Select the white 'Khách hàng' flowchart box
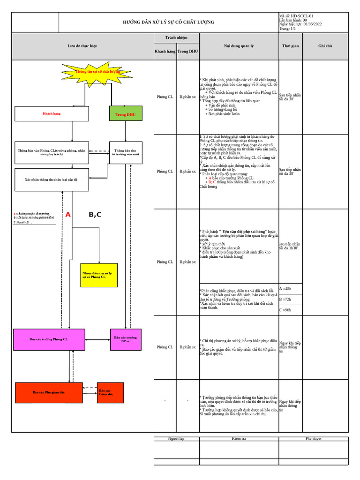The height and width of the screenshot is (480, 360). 52,114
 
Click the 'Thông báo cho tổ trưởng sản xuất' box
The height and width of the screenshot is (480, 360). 126,153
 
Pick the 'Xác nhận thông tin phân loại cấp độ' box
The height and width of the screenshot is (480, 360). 52,180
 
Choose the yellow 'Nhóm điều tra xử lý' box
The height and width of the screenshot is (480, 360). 99,275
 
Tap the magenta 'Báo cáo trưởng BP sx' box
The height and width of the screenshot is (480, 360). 126,339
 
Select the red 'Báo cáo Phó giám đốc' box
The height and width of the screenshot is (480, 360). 49,392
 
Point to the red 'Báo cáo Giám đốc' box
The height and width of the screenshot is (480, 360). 110,392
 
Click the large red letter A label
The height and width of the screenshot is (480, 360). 68,215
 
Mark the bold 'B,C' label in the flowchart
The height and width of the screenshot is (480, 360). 95,215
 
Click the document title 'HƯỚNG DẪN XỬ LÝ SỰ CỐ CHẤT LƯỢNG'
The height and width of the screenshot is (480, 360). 168,22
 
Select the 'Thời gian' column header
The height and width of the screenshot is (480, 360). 290,46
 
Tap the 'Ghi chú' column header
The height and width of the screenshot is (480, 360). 325,46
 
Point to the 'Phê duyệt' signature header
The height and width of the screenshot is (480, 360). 314,439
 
